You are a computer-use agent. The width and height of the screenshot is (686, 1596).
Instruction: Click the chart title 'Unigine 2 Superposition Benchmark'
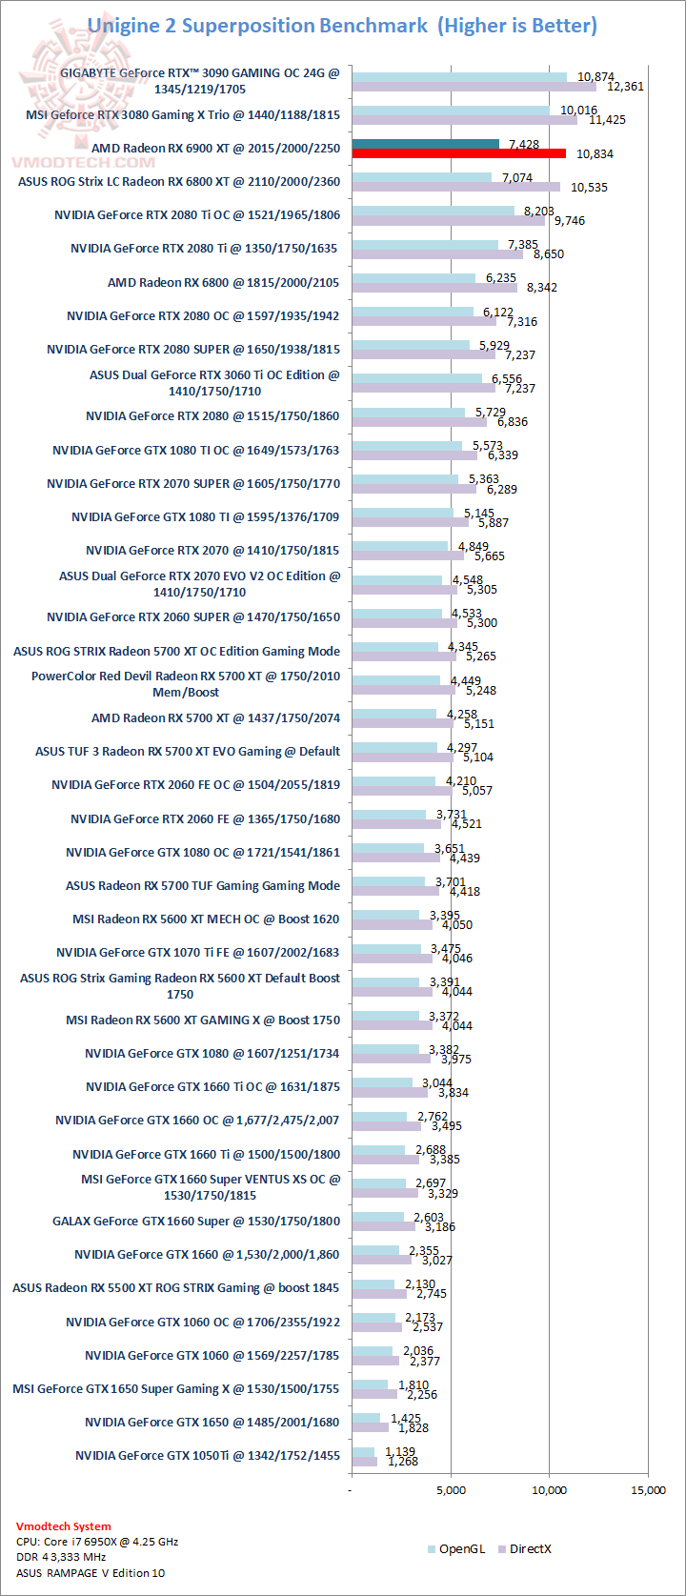pyautogui.click(x=257, y=26)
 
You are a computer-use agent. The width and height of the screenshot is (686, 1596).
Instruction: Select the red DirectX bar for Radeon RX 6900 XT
pyautogui.click(x=458, y=153)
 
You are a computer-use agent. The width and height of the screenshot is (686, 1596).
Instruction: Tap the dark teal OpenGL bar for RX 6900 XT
pyautogui.click(x=425, y=144)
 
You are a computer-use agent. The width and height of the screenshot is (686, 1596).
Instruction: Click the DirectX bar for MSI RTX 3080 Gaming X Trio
pyautogui.click(x=464, y=120)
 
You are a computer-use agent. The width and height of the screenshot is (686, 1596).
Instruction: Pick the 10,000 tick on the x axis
pyautogui.click(x=549, y=1489)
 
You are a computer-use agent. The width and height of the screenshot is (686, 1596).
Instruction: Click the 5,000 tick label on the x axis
pyautogui.click(x=451, y=1489)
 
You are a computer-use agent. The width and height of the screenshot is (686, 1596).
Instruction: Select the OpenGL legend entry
pyautogui.click(x=456, y=1548)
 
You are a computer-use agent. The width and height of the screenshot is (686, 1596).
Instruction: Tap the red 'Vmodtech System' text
pyautogui.click(x=64, y=1526)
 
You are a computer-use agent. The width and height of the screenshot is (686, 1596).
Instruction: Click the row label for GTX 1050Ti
pyautogui.click(x=208, y=1455)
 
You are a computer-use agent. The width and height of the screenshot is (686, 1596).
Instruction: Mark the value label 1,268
pyautogui.click(x=402, y=1461)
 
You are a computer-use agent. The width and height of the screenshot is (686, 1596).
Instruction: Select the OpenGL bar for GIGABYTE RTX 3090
pyautogui.click(x=458, y=77)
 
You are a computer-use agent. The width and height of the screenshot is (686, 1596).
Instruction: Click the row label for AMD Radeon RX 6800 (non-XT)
pyautogui.click(x=223, y=282)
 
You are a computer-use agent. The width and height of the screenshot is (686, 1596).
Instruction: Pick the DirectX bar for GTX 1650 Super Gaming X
pyautogui.click(x=373, y=1394)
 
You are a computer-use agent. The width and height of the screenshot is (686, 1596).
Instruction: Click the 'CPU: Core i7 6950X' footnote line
pyautogui.click(x=97, y=1542)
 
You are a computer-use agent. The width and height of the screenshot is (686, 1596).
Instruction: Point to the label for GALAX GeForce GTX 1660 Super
pyautogui.click(x=196, y=1221)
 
